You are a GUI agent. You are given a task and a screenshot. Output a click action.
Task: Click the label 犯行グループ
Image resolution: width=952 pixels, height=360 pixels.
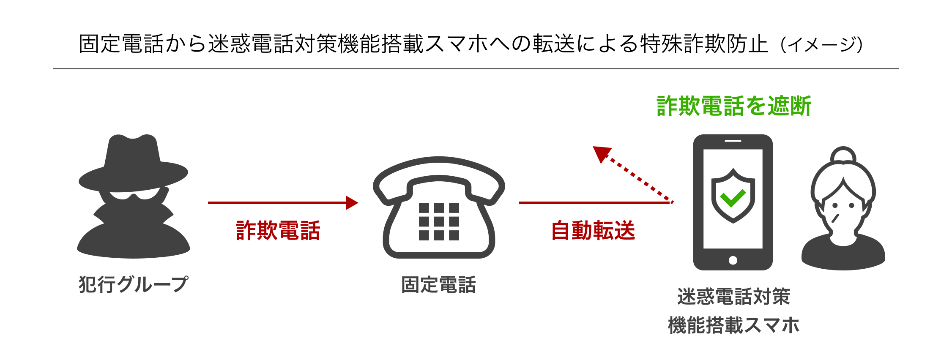133,284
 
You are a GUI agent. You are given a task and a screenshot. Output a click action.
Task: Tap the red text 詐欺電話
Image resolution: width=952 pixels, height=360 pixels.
278,231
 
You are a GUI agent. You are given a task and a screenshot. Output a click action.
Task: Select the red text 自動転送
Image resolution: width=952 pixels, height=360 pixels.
593,231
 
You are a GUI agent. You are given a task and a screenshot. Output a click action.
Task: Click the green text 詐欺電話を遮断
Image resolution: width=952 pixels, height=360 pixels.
733,106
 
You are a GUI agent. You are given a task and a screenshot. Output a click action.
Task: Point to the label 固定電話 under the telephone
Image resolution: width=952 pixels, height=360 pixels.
438,285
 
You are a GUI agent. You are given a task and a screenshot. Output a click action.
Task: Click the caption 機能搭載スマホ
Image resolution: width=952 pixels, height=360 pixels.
733,325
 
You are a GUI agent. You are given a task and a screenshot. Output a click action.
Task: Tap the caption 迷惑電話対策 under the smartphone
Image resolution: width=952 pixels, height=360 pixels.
733,297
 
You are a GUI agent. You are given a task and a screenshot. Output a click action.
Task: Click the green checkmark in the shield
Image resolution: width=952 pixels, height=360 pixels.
733,197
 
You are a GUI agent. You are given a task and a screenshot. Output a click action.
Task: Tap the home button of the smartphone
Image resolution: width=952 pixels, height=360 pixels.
733,260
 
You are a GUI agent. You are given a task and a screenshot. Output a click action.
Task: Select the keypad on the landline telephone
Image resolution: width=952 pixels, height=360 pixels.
439,221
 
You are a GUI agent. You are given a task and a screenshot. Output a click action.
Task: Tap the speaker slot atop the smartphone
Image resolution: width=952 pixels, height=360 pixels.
733,141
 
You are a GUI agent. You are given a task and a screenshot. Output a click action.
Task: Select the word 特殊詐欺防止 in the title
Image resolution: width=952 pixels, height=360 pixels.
704,44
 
